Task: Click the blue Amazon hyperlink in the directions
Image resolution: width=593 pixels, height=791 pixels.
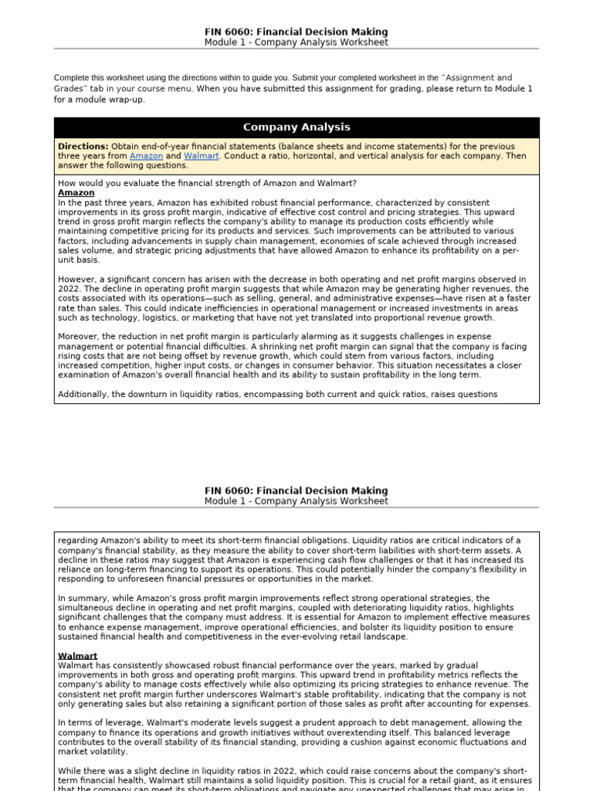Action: point(146,155)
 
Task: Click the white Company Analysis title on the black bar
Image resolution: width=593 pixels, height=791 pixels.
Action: point(296,127)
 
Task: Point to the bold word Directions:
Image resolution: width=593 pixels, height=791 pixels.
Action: point(83,146)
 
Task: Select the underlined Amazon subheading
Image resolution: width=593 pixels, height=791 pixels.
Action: point(76,192)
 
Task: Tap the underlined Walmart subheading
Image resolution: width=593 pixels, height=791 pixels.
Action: point(77,656)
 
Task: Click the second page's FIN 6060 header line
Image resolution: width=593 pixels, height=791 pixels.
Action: point(296,491)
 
